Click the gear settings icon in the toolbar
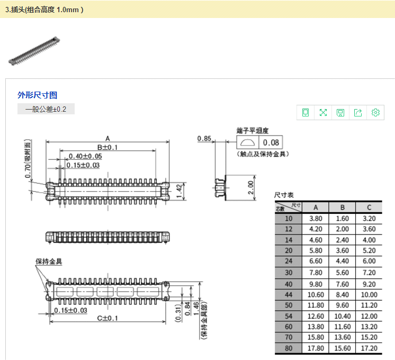pyautogui.click(x=375, y=112)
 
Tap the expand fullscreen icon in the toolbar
pyautogui.click(x=323, y=112)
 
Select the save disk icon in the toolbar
pyautogui.click(x=340, y=112)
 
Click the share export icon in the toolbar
pyautogui.click(x=358, y=112)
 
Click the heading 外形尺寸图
pyautogui.click(x=37, y=95)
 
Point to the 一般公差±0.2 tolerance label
pyautogui.click(x=46, y=109)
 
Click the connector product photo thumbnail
pyautogui.click(x=34, y=51)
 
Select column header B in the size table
pyautogui.click(x=343, y=208)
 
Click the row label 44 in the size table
pyautogui.click(x=289, y=294)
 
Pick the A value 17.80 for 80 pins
pyautogui.click(x=316, y=348)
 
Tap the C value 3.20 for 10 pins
pyautogui.click(x=369, y=219)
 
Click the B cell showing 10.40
pyautogui.click(x=343, y=316)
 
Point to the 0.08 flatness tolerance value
pyautogui.click(x=271, y=142)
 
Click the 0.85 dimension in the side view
pyautogui.click(x=204, y=139)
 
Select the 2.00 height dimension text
pyautogui.click(x=250, y=187)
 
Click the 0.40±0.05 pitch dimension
pyautogui.click(x=85, y=156)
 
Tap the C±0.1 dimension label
pyautogui.click(x=107, y=318)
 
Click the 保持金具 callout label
pyautogui.click(x=49, y=261)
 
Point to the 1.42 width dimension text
pyautogui.click(x=179, y=191)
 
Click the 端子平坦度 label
pyautogui.click(x=253, y=131)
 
